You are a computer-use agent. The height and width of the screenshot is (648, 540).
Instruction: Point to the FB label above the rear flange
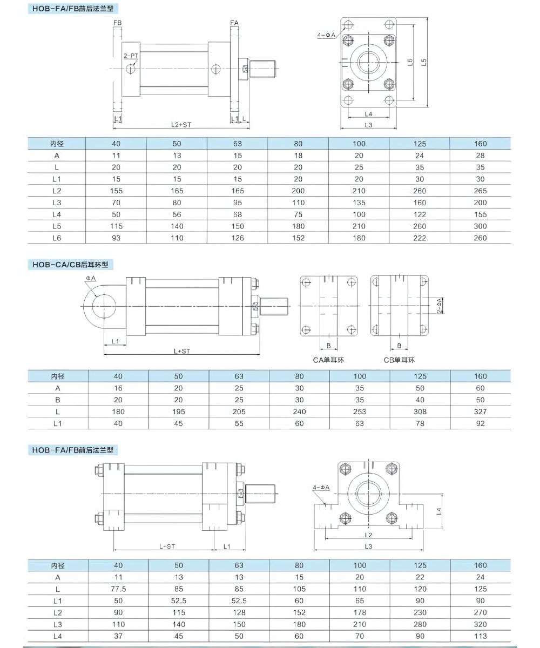[x=117, y=23]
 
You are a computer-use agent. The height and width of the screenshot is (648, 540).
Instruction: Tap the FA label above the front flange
[x=234, y=23]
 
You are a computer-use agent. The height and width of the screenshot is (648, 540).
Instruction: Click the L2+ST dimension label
[x=181, y=124]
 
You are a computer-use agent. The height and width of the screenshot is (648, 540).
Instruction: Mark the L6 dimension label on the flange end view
[x=410, y=62]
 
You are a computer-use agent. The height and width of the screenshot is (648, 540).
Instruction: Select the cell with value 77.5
[x=118, y=589]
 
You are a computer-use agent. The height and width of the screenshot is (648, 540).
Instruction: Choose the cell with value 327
[x=480, y=411]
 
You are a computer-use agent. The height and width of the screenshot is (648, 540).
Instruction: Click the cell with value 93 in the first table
[x=117, y=238]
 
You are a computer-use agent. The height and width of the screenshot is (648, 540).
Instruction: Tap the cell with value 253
[x=359, y=411]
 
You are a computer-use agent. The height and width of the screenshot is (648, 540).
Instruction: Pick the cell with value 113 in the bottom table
[x=480, y=636]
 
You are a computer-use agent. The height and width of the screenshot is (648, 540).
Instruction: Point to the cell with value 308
[x=420, y=411]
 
